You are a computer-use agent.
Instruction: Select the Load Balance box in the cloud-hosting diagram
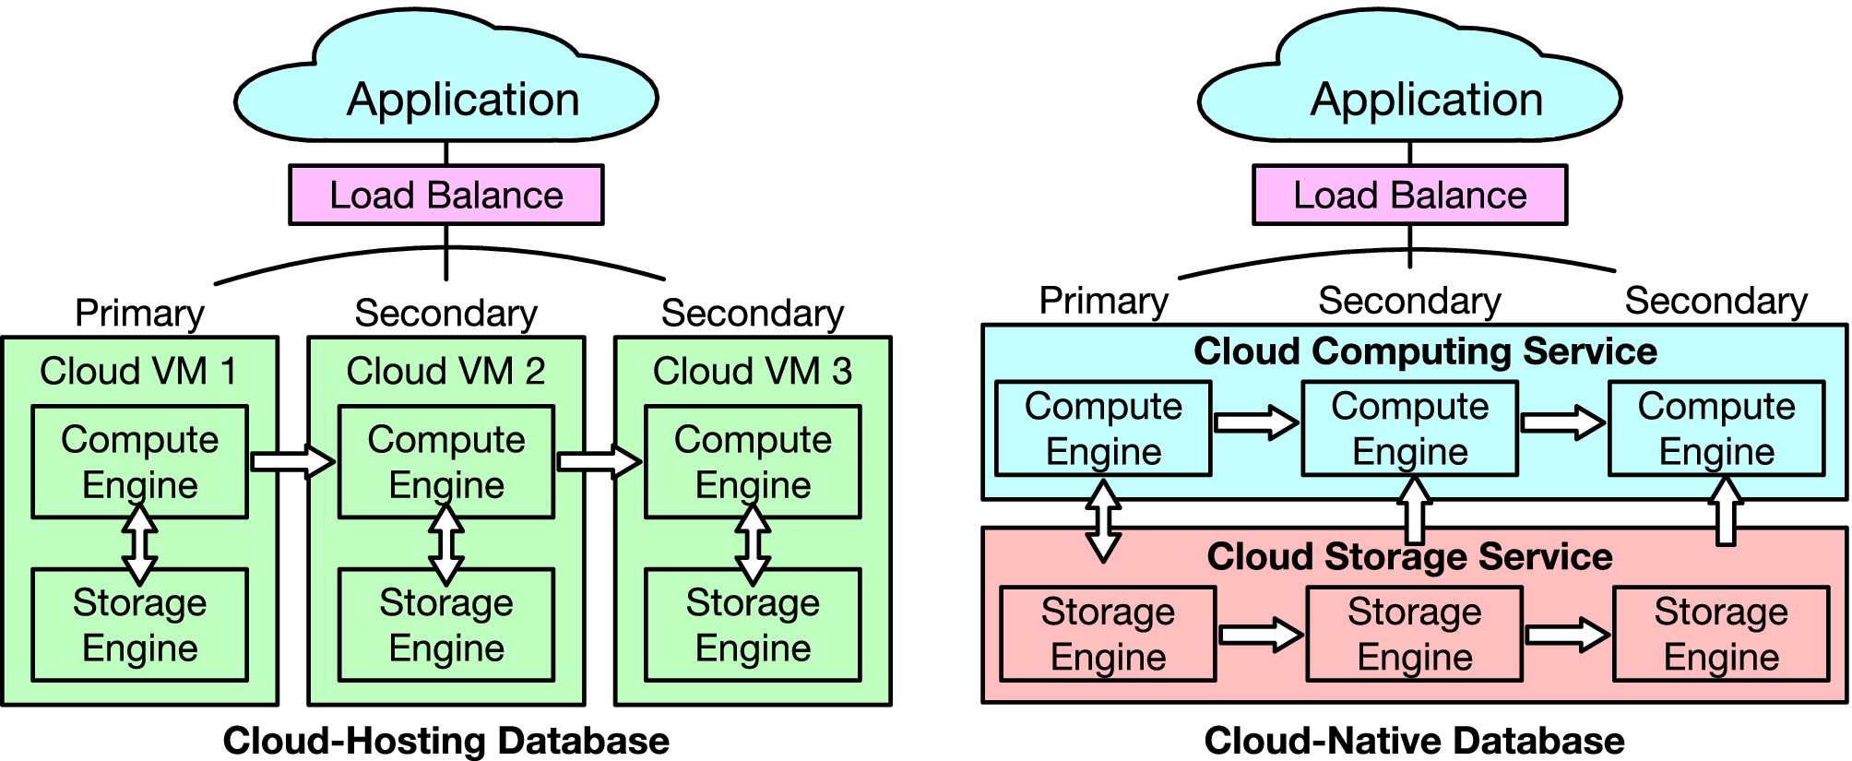446,195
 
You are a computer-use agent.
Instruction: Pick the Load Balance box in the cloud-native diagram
1409,195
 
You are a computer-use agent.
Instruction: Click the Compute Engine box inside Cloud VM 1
140,461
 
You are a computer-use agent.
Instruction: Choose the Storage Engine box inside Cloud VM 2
446,624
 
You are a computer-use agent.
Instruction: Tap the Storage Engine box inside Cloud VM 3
753,624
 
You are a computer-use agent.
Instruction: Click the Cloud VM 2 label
446,371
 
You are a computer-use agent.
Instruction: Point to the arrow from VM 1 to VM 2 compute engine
292,461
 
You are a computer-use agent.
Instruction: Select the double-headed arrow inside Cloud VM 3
753,544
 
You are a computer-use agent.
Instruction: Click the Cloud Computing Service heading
1425,351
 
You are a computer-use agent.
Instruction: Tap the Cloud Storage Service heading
1409,556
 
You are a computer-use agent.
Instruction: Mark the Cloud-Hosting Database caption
446,741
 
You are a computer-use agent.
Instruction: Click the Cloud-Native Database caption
1415,741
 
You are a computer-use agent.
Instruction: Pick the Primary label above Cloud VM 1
140,314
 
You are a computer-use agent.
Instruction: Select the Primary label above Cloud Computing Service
1104,302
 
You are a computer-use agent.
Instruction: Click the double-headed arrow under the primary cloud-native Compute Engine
1103,521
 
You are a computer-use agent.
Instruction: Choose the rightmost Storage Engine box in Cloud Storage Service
1721,634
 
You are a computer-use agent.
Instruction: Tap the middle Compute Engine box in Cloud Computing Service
1409,429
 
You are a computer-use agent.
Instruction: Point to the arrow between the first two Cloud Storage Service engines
1261,635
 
